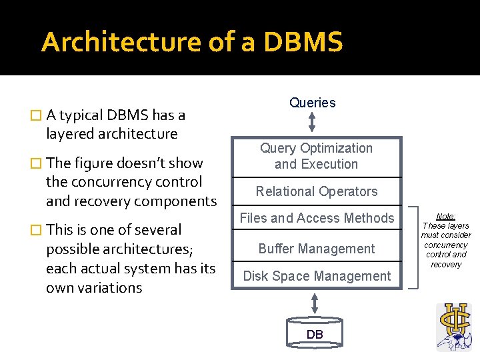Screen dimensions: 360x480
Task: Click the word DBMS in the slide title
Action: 303,43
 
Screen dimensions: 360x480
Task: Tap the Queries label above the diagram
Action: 312,103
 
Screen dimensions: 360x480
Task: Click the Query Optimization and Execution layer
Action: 316,156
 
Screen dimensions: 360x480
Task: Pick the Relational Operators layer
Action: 316,191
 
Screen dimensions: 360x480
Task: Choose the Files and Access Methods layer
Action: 317,218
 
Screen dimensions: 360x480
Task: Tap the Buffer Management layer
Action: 317,249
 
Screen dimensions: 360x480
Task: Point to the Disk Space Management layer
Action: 317,276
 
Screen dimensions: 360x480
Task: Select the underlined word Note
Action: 446,217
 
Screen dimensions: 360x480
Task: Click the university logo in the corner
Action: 453,327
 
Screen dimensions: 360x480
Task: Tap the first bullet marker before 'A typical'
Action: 36,116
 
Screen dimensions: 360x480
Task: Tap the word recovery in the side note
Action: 446,265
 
